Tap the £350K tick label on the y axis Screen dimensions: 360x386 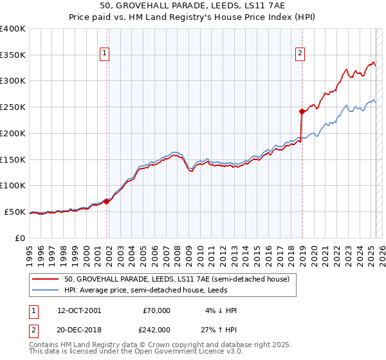coord(13,55)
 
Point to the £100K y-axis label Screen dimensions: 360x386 coord(13,185)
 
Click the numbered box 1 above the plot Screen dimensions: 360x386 coord(104,53)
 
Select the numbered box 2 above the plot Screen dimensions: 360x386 coord(300,53)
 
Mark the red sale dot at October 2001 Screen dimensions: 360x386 coord(107,201)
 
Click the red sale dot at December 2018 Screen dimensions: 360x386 coord(302,111)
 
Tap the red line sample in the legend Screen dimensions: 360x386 coord(46,279)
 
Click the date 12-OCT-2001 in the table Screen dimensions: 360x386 coord(79,310)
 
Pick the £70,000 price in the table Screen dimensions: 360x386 coord(157,310)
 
